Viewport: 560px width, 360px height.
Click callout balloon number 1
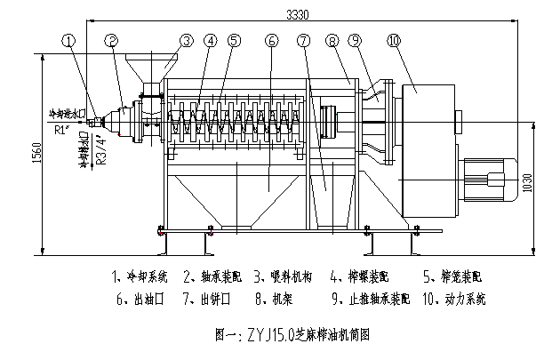point(69,40)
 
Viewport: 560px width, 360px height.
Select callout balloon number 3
point(186,40)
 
